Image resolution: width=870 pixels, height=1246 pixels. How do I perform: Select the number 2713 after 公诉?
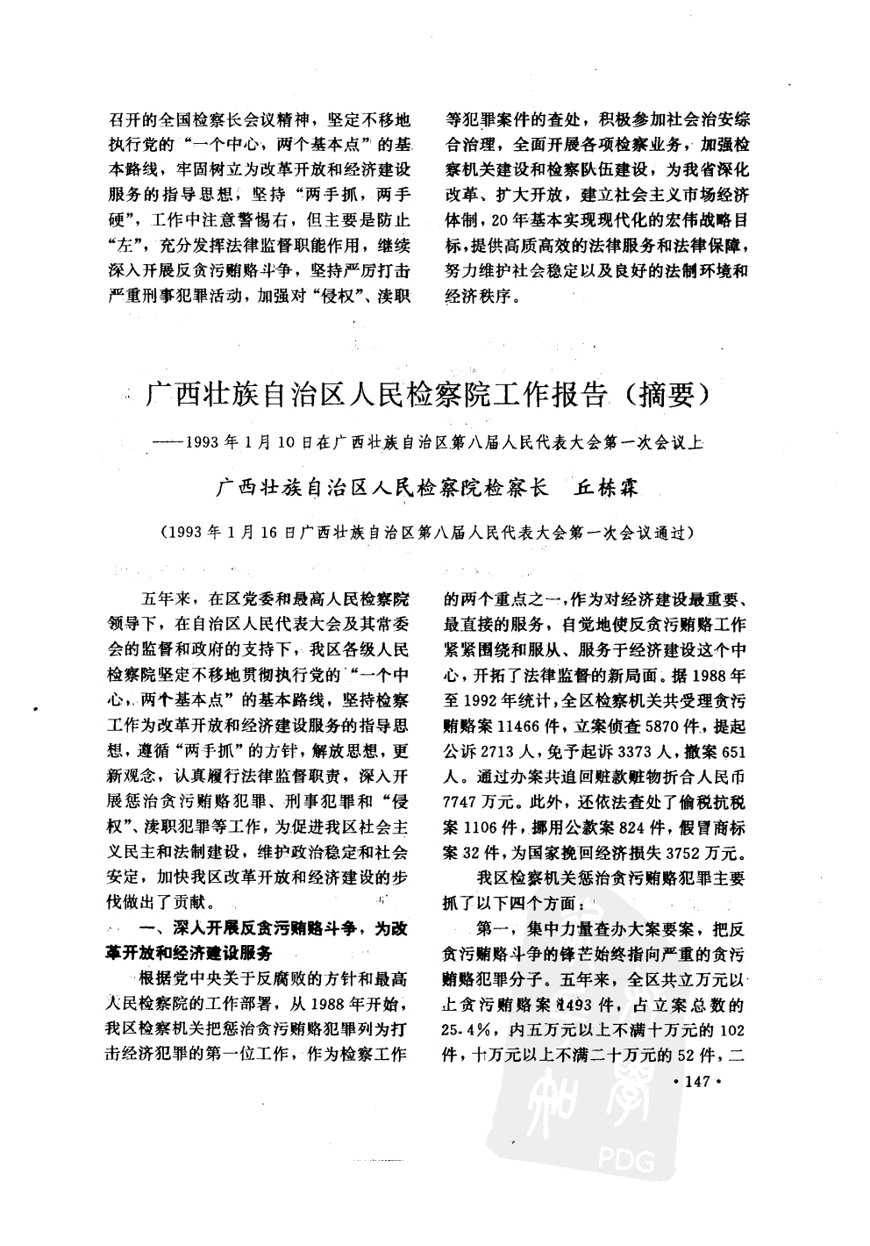499,752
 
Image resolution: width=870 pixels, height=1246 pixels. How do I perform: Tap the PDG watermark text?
629,1164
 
